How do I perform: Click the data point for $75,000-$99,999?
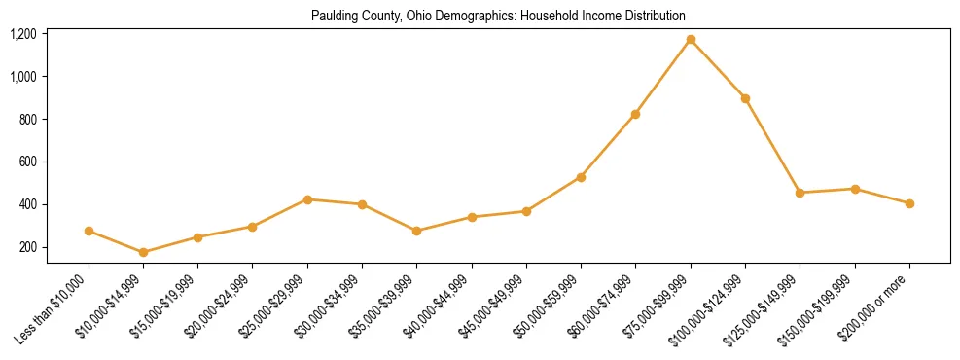click(691, 39)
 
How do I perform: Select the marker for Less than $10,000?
click(89, 231)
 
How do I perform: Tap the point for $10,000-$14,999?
click(144, 252)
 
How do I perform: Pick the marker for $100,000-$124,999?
click(745, 98)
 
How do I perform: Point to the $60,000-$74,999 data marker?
click(635, 114)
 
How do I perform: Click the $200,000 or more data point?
click(909, 203)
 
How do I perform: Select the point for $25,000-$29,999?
click(307, 199)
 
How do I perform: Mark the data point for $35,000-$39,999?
click(417, 231)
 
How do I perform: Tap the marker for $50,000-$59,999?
click(581, 177)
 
